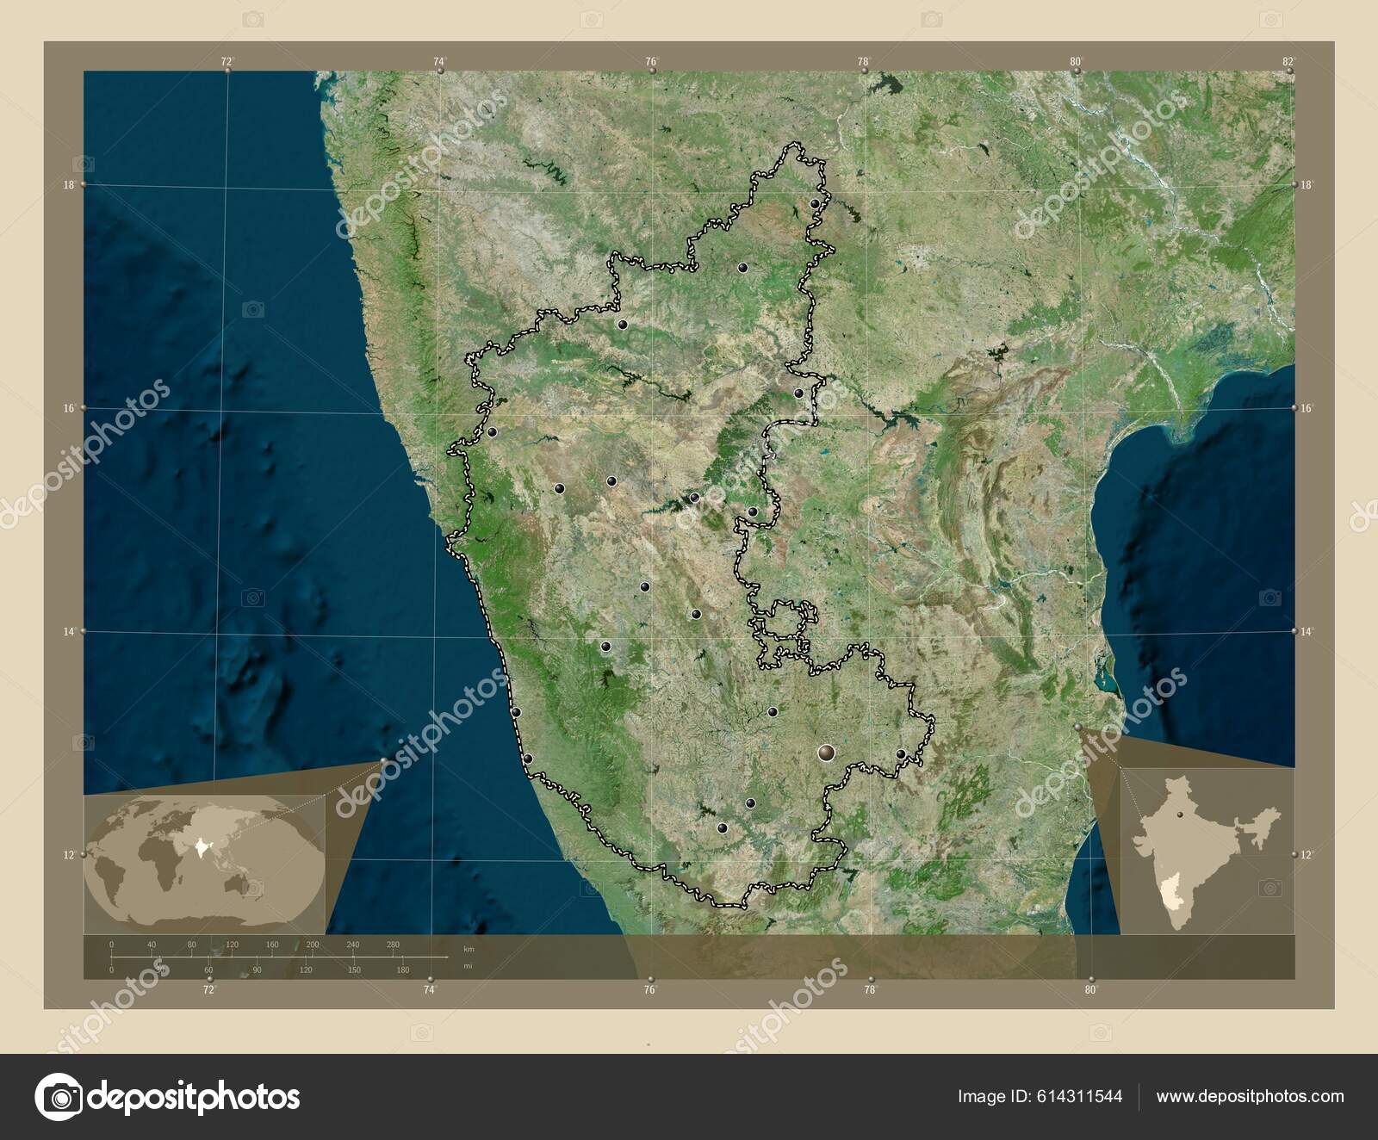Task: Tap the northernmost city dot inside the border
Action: [815, 204]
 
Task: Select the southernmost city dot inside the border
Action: [723, 828]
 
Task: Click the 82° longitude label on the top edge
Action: [1288, 61]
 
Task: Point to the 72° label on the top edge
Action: [227, 61]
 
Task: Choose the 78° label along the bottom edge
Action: [870, 990]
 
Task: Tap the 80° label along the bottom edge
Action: [1090, 990]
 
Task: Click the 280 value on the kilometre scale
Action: [394, 945]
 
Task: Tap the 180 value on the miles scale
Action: [402, 970]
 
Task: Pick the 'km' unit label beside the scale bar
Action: [469, 949]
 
